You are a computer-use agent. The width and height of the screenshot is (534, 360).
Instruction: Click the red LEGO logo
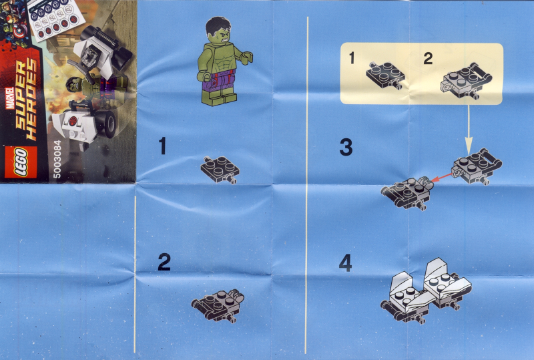(21, 162)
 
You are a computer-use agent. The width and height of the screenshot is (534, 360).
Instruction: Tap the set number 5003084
(57, 159)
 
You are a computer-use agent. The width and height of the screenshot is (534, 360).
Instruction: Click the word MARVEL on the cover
(10, 98)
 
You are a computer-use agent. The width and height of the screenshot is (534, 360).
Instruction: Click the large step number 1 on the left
(162, 146)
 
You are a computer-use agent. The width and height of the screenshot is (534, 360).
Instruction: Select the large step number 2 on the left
(164, 262)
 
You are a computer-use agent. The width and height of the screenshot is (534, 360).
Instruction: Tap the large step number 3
(346, 147)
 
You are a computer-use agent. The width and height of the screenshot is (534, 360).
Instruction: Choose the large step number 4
(345, 264)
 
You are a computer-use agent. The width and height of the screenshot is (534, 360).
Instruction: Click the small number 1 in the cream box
(352, 58)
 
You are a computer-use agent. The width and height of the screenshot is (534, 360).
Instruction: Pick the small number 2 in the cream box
(428, 59)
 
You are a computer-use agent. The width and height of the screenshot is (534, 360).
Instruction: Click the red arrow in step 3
(442, 178)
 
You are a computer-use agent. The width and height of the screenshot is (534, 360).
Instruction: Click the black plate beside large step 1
(220, 170)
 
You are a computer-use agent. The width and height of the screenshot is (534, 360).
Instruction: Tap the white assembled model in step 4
(426, 291)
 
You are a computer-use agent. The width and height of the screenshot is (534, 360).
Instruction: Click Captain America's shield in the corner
(20, 32)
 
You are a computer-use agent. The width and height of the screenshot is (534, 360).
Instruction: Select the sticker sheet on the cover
(55, 19)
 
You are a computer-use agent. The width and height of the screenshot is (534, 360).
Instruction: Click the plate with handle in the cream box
(466, 81)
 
